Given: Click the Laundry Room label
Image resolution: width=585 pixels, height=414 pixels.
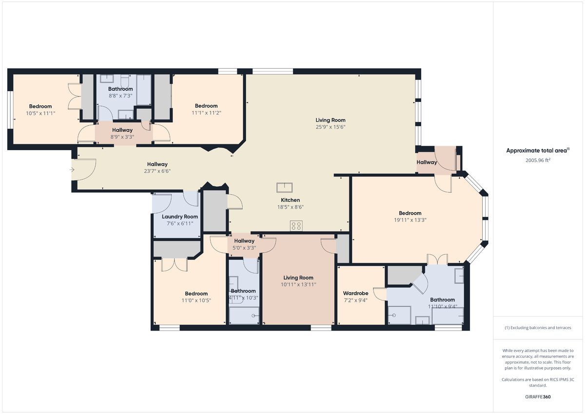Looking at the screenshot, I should (180, 217).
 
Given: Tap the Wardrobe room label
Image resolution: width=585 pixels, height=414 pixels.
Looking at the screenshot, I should (355, 294).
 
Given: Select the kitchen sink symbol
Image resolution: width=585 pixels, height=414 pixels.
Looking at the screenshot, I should (283, 188).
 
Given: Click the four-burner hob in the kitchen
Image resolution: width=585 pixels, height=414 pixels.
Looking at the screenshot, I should (296, 225).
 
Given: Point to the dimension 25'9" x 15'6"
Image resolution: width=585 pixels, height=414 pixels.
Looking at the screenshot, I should (331, 127).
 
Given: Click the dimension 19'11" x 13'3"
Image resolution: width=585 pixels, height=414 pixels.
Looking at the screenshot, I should (410, 219).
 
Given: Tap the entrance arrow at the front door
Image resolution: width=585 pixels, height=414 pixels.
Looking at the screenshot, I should (72, 170).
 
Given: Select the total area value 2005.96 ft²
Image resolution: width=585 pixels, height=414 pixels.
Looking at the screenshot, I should (538, 159).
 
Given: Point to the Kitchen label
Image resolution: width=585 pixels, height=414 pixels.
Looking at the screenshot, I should (290, 200).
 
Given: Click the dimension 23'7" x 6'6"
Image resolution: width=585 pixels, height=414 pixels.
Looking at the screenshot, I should (157, 171).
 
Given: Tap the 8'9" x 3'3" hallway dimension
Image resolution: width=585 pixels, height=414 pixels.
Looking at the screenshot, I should (122, 137).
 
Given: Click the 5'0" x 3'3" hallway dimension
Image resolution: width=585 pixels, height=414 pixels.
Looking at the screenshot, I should (244, 247).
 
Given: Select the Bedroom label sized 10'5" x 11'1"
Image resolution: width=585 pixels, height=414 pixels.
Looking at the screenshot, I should (40, 106).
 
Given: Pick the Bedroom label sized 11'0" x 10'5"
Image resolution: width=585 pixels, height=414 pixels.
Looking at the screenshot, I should (196, 294).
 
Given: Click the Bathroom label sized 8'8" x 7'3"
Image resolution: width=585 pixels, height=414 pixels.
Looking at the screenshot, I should (120, 89).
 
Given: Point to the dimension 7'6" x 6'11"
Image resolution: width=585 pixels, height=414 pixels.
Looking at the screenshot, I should (180, 223).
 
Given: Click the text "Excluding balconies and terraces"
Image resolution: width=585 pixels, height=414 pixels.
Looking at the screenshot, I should (540, 328).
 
